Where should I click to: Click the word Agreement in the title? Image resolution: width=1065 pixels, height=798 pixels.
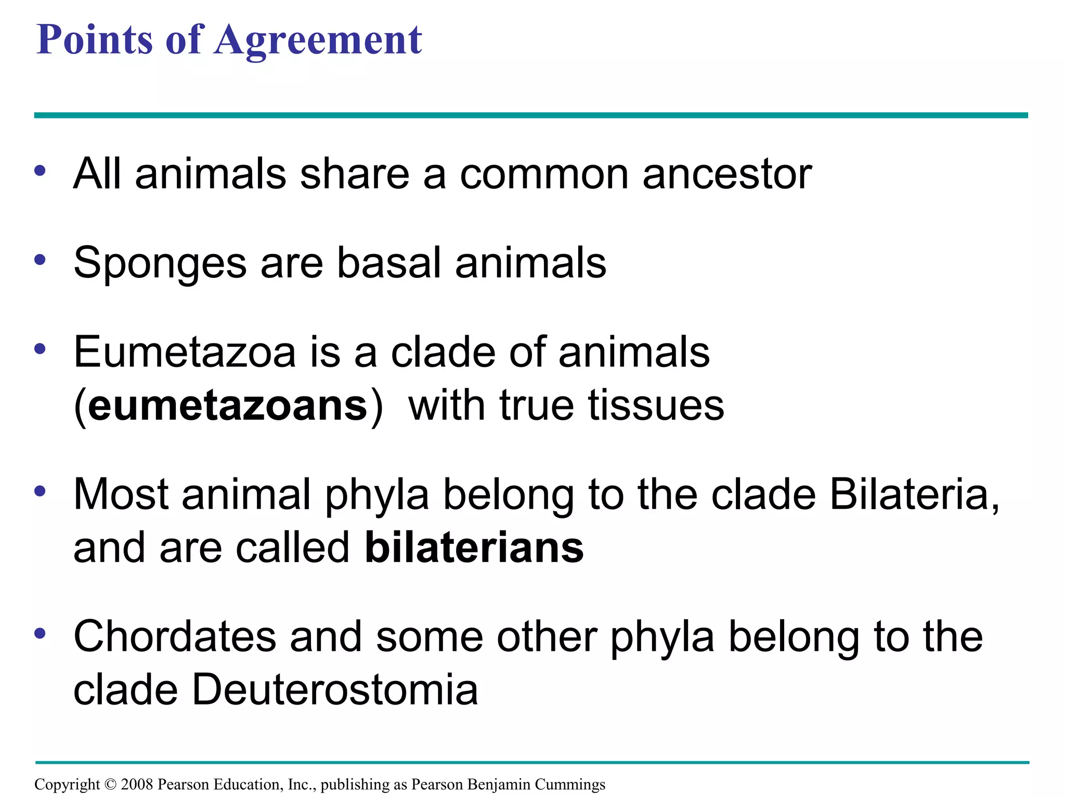pyautogui.click(x=318, y=41)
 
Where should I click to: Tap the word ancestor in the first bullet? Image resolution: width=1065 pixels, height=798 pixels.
pyautogui.click(x=727, y=174)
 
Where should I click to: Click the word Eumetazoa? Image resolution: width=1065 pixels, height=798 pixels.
pyautogui.click(x=185, y=352)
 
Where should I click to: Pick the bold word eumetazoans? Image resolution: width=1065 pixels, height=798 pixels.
pyautogui.click(x=228, y=406)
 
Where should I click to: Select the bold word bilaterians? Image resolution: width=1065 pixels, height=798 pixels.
pyautogui.click(x=474, y=548)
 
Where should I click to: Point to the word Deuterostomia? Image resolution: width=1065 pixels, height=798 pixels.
pyautogui.click(x=335, y=690)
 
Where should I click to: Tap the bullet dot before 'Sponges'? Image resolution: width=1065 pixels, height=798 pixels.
pyautogui.click(x=40, y=260)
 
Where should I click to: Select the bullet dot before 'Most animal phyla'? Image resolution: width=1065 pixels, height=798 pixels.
pyautogui.click(x=40, y=491)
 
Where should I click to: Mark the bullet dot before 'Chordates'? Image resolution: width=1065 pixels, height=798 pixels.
pyautogui.click(x=40, y=633)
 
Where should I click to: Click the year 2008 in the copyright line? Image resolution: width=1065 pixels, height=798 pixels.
pyautogui.click(x=137, y=784)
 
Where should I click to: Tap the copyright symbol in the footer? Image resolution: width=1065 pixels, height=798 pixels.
pyautogui.click(x=110, y=784)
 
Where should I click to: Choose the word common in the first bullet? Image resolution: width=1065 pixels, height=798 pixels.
pyautogui.click(x=544, y=174)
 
